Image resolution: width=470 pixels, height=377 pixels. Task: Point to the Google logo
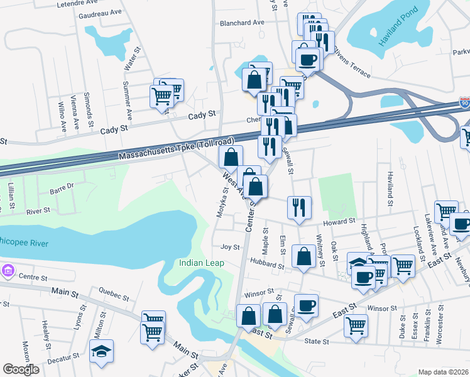21,369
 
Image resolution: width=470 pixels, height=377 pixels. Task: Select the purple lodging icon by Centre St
8,271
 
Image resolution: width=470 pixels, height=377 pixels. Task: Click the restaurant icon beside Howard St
298,207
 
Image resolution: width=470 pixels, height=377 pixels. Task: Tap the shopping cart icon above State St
356,326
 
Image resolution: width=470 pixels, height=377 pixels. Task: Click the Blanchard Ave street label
241,23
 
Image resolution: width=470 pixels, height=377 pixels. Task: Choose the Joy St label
230,247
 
